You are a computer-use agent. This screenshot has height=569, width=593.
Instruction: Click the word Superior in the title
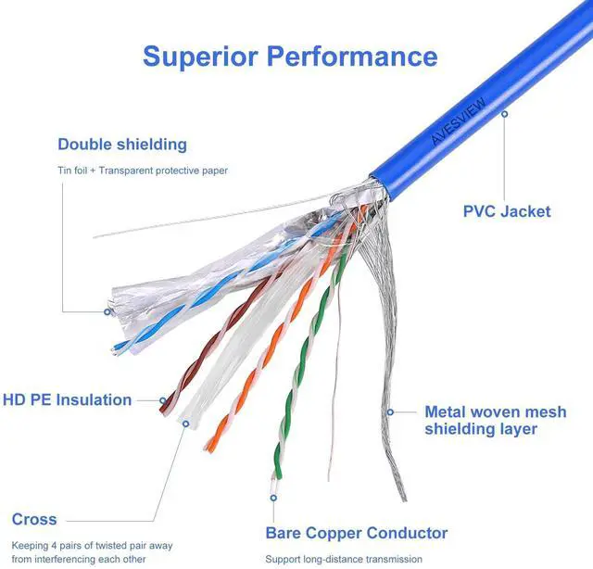pyautogui.click(x=200, y=56)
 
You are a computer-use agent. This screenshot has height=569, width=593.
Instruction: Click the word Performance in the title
pyautogui.click(x=352, y=56)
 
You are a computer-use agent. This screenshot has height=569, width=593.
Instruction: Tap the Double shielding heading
pyautogui.click(x=122, y=145)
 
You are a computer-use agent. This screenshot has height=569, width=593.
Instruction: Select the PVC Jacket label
pyautogui.click(x=506, y=211)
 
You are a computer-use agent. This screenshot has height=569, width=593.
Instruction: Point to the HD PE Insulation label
pyautogui.click(x=67, y=400)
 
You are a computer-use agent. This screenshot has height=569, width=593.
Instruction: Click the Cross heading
pyautogui.click(x=34, y=519)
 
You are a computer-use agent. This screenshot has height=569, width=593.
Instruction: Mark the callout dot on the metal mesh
pyautogui.click(x=391, y=411)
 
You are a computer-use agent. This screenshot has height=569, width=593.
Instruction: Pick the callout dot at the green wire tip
pyautogui.click(x=272, y=497)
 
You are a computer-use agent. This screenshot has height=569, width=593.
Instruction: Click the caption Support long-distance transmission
pyautogui.click(x=344, y=559)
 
